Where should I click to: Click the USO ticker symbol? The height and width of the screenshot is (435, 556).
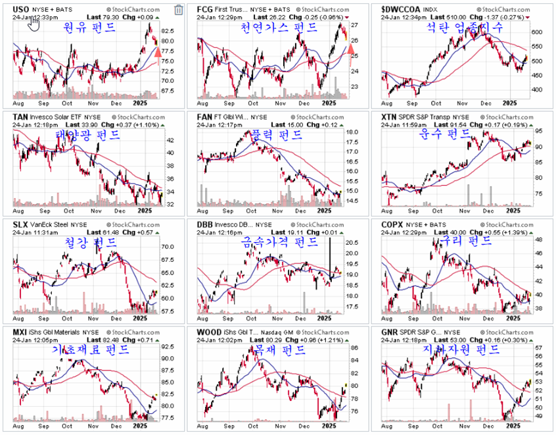[x=21, y=9]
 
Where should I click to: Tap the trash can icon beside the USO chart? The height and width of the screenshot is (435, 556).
[x=179, y=9]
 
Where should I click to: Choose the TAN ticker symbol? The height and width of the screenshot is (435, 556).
[x=20, y=116]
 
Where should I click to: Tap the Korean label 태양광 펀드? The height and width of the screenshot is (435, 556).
[x=87, y=136]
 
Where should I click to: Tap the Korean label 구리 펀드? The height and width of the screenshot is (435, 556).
[x=469, y=241]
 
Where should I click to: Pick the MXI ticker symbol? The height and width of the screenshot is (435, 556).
[x=20, y=332]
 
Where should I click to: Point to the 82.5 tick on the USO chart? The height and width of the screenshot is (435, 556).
[x=168, y=31]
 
